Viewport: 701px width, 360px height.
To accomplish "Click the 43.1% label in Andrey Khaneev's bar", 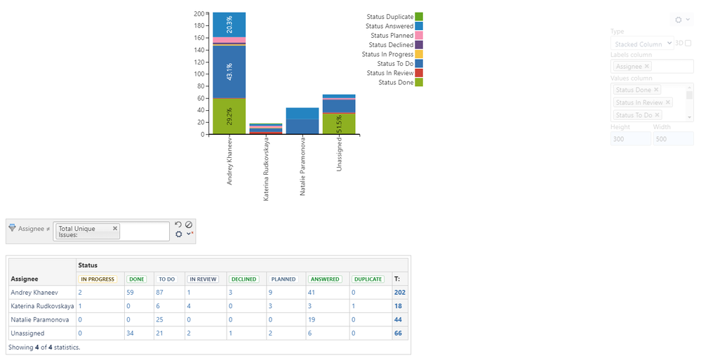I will [229, 71].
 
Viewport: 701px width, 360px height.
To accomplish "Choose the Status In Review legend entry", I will [389, 73].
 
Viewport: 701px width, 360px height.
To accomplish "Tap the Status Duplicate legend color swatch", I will [419, 16].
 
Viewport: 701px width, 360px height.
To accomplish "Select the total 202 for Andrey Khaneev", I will [400, 292].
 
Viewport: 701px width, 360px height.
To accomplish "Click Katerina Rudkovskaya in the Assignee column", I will [41, 307].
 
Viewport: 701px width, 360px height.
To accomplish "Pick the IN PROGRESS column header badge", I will [98, 279].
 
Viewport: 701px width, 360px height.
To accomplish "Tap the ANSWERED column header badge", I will [325, 279].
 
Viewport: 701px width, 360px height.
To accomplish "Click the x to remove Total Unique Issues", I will [115, 228].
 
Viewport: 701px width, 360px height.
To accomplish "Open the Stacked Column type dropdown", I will [642, 44].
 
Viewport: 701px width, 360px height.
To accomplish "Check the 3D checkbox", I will [688, 44].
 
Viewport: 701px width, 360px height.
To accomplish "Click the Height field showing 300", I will [630, 139].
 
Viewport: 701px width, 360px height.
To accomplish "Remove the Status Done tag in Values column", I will [656, 90].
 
